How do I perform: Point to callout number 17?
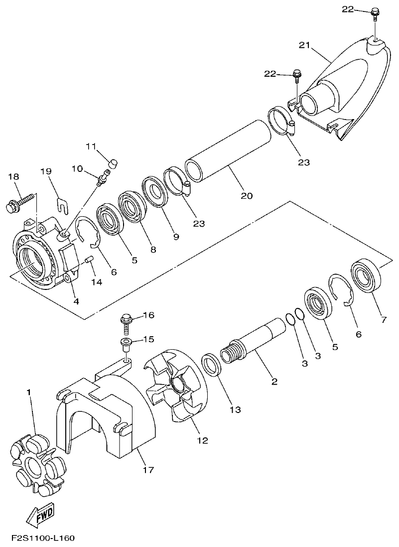pos(148,469)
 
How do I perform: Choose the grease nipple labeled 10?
pos(104,177)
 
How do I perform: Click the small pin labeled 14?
pos(90,259)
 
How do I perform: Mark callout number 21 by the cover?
pos(304,45)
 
